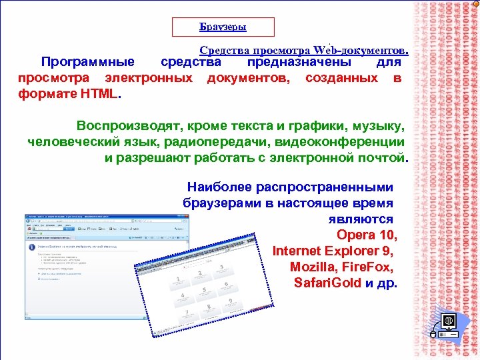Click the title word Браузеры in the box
(223, 27)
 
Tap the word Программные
(88, 63)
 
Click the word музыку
(377, 125)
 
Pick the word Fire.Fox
(370, 267)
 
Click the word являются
(361, 219)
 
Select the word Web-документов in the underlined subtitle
(359, 50)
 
